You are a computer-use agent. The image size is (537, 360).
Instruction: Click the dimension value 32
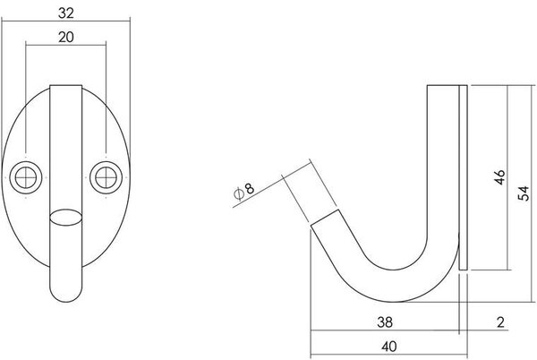67,13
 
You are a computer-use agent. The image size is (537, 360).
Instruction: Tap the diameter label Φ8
245,191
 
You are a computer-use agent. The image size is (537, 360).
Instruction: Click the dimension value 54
524,190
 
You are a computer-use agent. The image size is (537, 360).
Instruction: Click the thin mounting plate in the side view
463,179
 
